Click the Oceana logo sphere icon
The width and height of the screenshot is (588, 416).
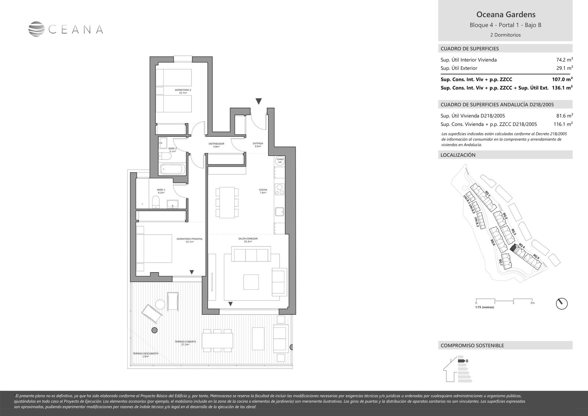(36, 29)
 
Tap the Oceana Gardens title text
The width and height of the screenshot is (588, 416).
(506, 15)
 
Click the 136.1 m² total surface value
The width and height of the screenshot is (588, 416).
(562, 88)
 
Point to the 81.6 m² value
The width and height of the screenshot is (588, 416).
(565, 115)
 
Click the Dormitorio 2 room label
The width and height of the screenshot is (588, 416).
(183, 91)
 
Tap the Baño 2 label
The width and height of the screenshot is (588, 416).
(173, 150)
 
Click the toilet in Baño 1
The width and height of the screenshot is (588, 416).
(156, 202)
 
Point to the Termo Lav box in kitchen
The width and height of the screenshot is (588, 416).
(280, 161)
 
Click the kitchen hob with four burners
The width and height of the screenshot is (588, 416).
(280, 189)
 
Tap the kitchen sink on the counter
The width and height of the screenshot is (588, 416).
(280, 211)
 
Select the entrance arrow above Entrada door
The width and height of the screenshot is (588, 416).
(259, 101)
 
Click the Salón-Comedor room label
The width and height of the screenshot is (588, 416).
(248, 240)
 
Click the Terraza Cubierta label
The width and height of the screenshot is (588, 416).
(185, 343)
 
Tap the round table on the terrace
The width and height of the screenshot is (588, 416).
(160, 304)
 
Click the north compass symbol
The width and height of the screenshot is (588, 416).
(562, 303)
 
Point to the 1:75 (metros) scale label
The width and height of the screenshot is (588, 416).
(485, 307)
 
